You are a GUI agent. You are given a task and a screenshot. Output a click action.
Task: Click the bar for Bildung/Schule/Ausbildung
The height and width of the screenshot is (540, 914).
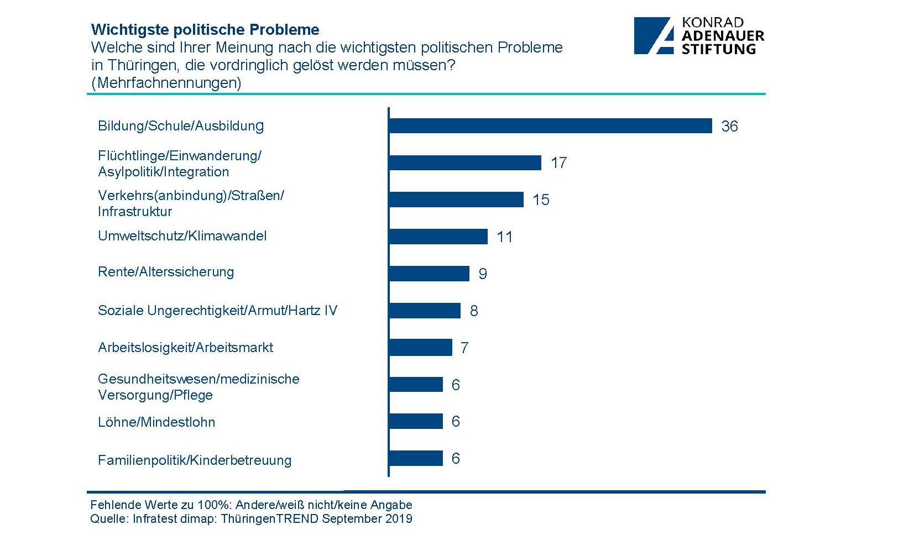[550, 126]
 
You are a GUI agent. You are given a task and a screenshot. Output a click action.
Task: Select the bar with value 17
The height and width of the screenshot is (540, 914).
[465, 162]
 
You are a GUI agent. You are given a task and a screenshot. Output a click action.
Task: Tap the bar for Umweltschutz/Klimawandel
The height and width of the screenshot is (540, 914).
[438, 237]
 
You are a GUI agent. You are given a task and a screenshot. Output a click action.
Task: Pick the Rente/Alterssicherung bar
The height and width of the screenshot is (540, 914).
[429, 274]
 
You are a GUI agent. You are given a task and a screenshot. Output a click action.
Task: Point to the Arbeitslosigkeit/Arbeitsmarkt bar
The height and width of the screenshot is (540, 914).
[421, 348]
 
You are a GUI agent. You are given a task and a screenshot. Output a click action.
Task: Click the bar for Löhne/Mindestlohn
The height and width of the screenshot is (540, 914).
[416, 422]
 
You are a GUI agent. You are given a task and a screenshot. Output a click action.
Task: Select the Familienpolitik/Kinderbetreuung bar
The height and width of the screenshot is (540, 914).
[416, 459]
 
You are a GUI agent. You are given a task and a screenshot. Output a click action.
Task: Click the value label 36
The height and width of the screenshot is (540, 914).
[729, 127]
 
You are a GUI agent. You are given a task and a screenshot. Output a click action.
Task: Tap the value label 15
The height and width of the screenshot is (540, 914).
[541, 200]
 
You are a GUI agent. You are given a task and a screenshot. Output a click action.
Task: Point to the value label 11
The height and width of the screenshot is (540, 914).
[504, 237]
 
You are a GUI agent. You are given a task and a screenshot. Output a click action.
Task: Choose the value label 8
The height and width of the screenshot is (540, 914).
[474, 311]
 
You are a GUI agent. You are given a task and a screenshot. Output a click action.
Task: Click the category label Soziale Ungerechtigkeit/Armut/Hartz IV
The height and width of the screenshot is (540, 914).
[217, 311]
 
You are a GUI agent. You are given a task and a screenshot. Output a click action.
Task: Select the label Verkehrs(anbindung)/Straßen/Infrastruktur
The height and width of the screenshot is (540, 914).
[190, 203]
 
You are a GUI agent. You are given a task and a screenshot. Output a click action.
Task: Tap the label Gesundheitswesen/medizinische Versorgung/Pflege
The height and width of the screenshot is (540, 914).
[199, 387]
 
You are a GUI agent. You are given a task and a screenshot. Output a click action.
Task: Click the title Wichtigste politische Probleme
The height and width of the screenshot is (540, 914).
[205, 29]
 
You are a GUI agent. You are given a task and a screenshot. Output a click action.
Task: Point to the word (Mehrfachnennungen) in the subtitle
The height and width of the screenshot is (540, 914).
[166, 83]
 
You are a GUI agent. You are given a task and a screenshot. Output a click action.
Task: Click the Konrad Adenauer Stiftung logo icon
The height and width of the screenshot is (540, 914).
[654, 35]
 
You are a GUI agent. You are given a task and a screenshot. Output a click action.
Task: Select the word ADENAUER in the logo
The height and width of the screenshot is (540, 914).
[723, 36]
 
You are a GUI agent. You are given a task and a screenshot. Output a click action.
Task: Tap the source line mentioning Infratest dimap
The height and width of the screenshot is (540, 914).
[251, 519]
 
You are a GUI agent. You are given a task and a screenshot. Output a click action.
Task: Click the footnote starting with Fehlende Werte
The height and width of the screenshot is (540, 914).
[251, 505]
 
